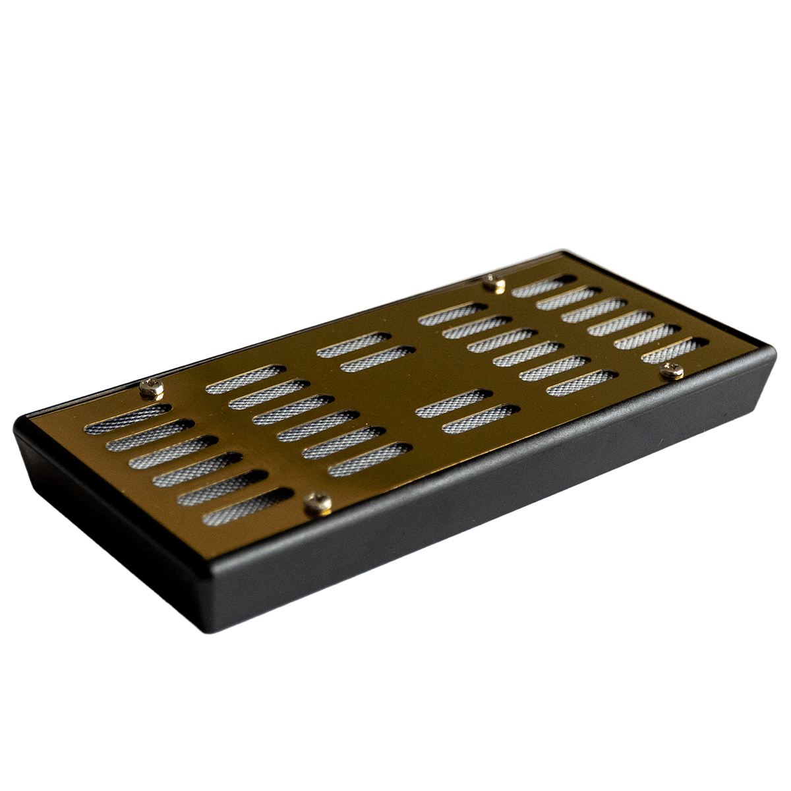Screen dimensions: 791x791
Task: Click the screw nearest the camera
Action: point(318,504)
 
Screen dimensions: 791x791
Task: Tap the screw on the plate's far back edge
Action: point(494,284)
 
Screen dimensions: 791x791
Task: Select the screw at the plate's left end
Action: point(152,388)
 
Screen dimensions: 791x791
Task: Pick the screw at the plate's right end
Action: point(672,371)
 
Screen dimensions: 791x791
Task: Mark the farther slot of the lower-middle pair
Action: point(454,403)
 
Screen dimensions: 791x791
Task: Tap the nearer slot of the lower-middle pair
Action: point(480,419)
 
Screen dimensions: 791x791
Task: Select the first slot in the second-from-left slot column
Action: point(245,379)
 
